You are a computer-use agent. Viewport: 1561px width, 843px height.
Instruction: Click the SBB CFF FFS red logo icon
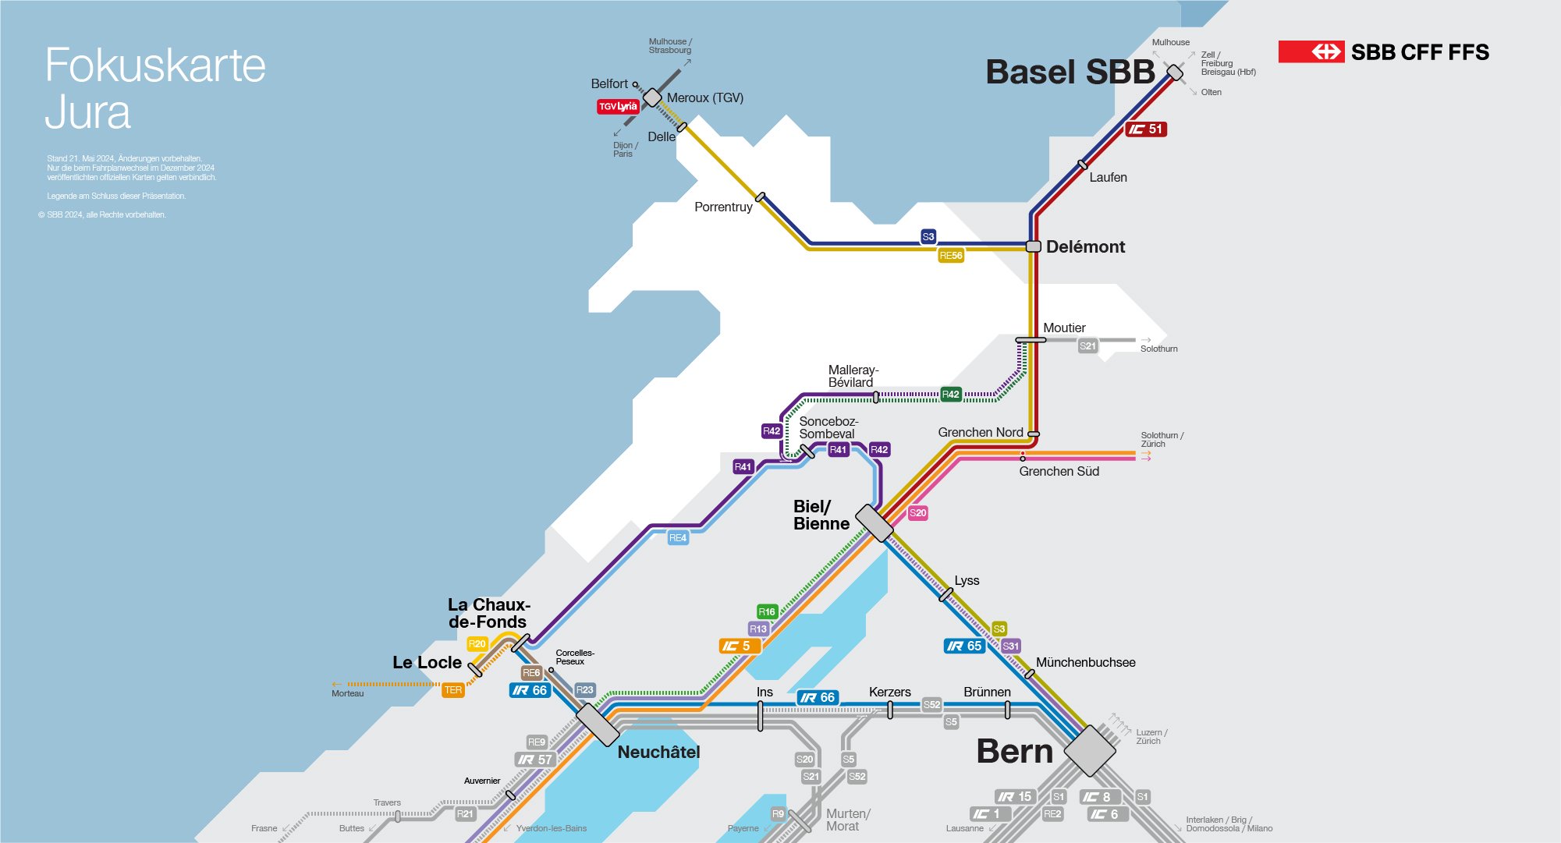1311,52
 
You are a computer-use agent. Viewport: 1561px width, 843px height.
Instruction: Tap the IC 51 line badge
1145,129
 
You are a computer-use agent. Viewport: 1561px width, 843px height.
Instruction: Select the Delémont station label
1085,247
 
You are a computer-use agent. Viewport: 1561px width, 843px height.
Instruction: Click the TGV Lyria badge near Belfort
618,107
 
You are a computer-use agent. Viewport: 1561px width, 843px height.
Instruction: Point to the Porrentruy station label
723,207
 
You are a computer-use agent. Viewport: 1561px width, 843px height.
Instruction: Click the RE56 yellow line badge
951,256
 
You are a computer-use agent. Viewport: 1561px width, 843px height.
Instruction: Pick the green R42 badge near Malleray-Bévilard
950,395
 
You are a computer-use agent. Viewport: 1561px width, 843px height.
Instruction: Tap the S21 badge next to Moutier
1087,346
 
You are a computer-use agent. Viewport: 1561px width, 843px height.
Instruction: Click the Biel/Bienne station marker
874,522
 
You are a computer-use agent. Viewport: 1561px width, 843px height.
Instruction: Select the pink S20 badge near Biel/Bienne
917,513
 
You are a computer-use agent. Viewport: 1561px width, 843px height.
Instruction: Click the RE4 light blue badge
678,538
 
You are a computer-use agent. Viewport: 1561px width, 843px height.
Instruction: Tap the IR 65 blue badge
964,646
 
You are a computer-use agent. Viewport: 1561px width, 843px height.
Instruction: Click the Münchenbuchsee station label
1085,663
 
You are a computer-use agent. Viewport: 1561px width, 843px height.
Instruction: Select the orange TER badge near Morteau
453,690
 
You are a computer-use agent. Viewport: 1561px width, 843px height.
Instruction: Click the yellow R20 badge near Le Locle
477,644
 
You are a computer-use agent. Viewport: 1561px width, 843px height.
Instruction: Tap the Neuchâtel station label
658,753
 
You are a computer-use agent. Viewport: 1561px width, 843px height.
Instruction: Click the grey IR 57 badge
535,760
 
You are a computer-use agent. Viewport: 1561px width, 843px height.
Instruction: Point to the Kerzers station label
889,692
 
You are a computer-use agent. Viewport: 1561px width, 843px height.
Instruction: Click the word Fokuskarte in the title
155,66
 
